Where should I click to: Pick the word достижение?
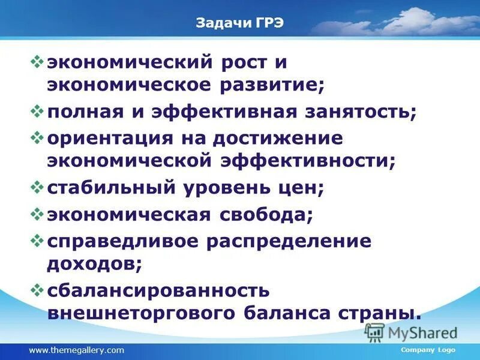[283, 138]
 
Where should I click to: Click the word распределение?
[289, 241]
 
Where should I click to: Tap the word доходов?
[94, 263]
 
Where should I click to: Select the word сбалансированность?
[158, 290]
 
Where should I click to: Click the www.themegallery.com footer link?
[76, 350]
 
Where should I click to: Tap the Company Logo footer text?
[428, 350]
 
